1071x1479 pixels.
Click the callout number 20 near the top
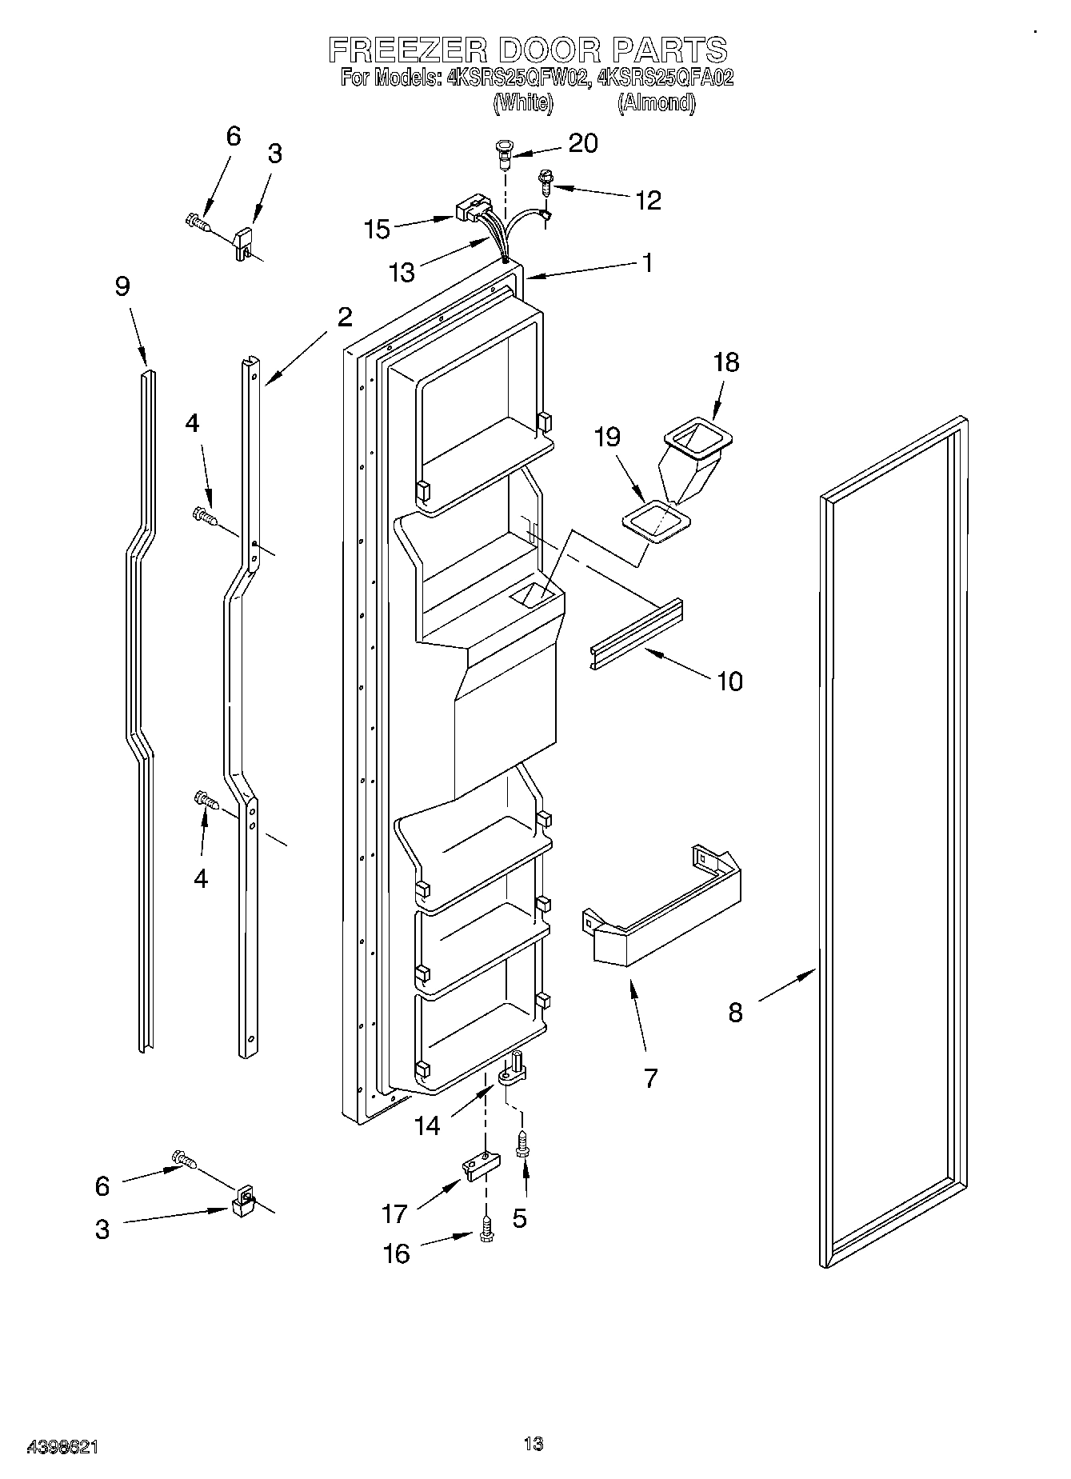[x=582, y=143]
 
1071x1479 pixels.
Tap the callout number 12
[x=648, y=200]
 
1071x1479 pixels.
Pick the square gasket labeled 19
[x=655, y=522]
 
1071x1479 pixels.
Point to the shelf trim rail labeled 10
[x=637, y=634]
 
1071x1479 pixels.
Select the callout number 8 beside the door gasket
[x=735, y=1013]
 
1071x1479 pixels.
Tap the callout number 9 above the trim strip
[x=122, y=286]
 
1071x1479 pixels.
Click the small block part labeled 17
[x=478, y=1167]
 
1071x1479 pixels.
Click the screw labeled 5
[x=521, y=1145]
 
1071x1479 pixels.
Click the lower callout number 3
[x=102, y=1229]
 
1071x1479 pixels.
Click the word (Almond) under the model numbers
[x=656, y=103]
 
